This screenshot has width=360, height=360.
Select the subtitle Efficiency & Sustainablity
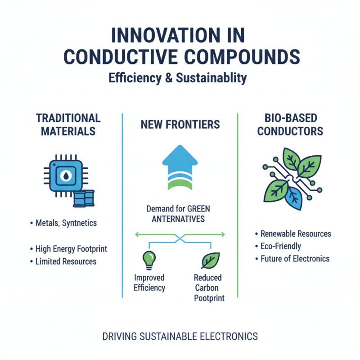point(178,78)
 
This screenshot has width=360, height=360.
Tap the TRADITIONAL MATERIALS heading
point(68,125)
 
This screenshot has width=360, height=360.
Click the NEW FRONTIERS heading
point(180,125)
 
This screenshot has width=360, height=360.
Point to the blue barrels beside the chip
point(84,198)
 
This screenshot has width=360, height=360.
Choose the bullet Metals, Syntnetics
point(65,223)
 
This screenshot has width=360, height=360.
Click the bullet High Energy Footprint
point(71,249)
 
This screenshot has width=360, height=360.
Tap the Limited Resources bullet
point(66,261)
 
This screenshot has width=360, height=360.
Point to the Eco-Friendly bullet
point(281,246)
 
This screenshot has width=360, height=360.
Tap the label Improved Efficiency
point(149,283)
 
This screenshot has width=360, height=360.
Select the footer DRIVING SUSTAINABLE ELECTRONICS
point(180,336)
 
